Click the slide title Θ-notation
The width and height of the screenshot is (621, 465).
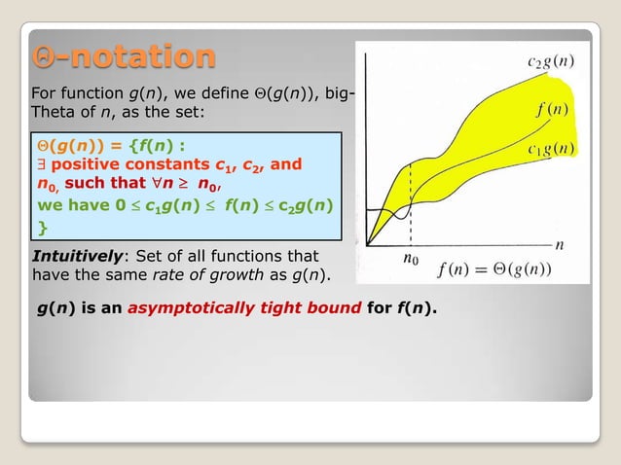pyautogui.click(x=123, y=56)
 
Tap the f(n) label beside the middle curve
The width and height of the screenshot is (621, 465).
pyautogui.click(x=552, y=109)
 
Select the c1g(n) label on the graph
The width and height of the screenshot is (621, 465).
pyautogui.click(x=550, y=149)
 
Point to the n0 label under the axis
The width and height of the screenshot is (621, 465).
pyautogui.click(x=412, y=259)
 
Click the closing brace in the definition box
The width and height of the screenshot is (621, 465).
pyautogui.click(x=42, y=228)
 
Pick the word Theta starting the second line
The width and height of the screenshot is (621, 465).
pyautogui.click(x=55, y=112)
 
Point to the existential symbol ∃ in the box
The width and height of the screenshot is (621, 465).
pyautogui.click(x=41, y=164)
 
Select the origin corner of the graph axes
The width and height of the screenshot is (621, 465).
pyautogui.click(x=368, y=243)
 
